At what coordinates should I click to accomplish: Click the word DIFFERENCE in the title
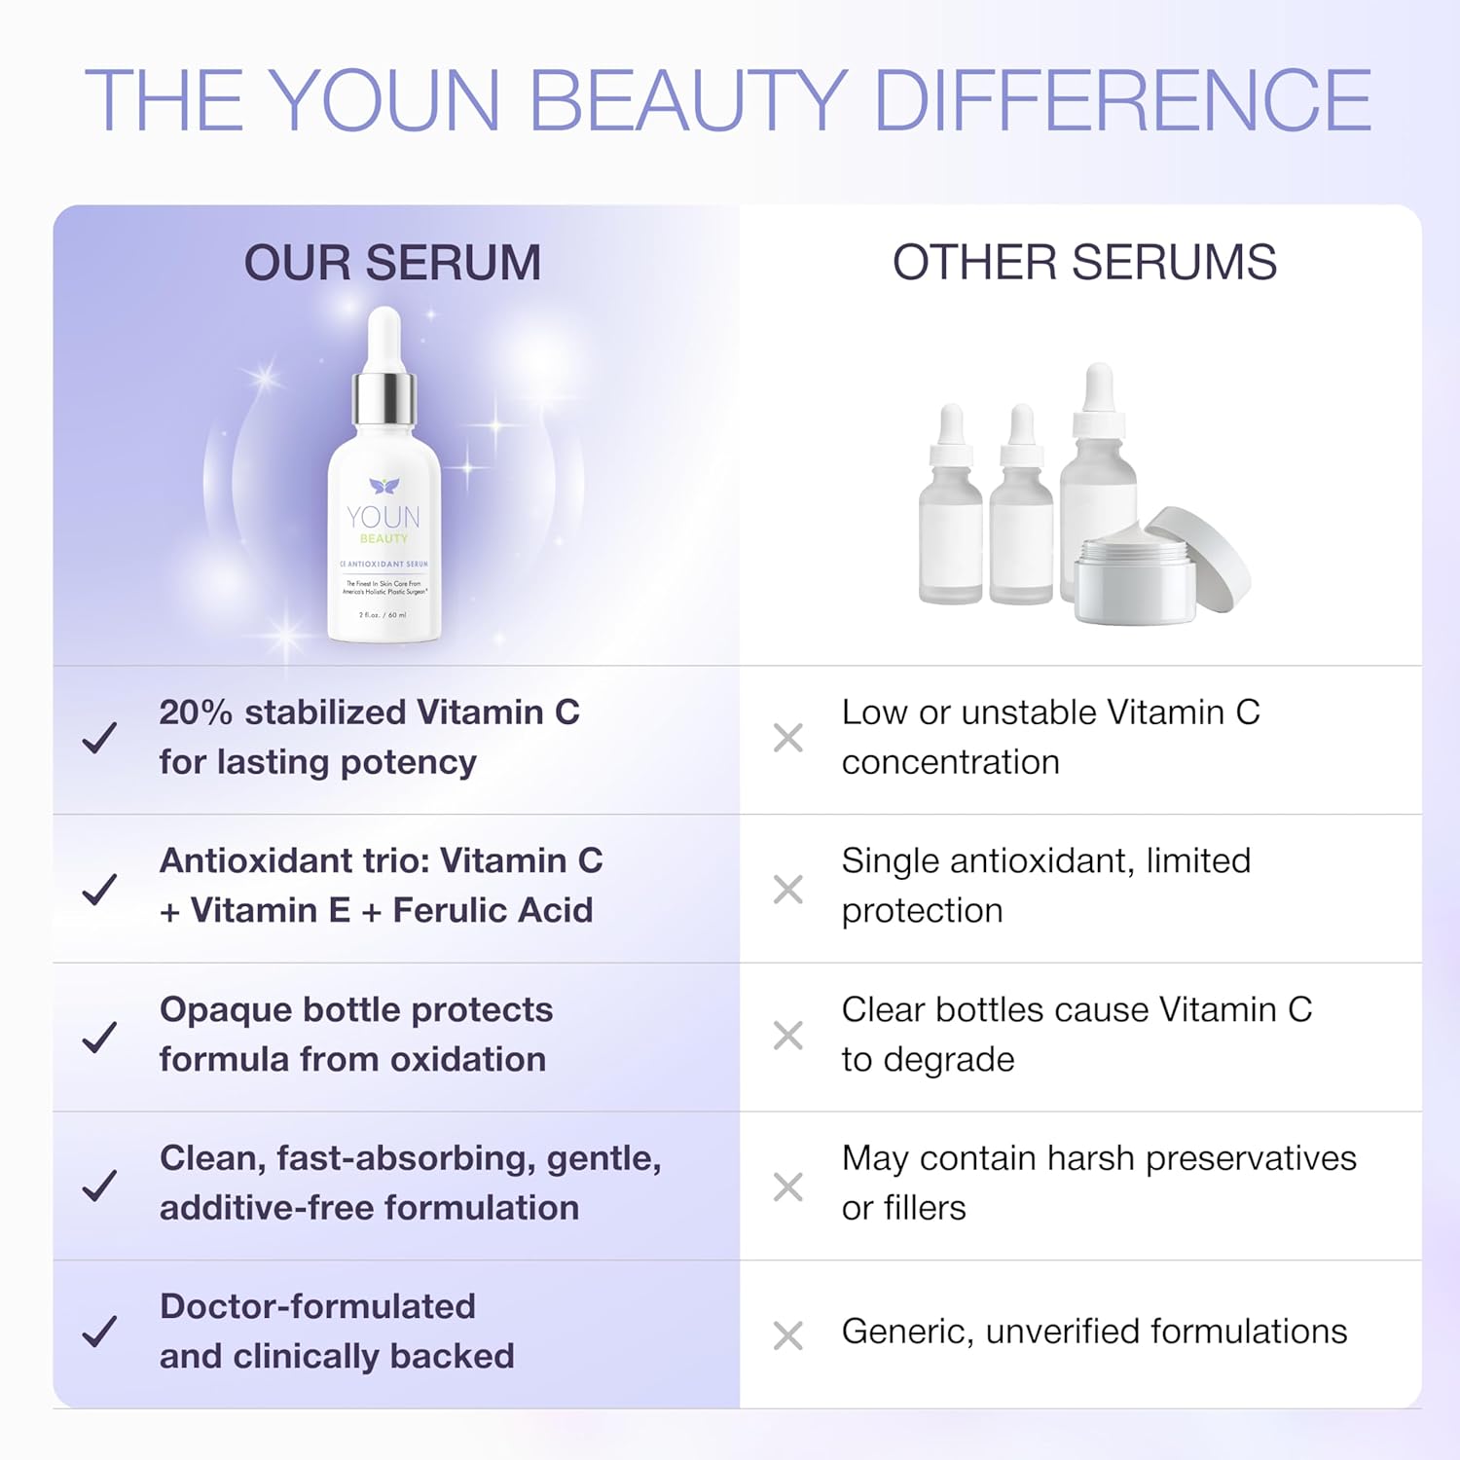(x=1122, y=100)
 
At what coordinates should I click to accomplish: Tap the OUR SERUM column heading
(x=392, y=263)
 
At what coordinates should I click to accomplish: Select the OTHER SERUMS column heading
(x=1084, y=263)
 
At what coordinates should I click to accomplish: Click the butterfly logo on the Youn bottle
(x=384, y=486)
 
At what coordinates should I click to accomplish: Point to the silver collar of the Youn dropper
(x=384, y=398)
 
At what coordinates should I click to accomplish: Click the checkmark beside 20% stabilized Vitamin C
(x=99, y=738)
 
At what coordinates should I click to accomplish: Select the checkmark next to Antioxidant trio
(x=99, y=888)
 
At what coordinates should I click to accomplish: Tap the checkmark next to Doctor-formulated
(x=99, y=1332)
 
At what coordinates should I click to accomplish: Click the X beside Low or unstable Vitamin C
(x=787, y=738)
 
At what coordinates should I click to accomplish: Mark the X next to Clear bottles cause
(x=787, y=1036)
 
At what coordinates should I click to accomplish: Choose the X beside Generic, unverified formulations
(x=787, y=1335)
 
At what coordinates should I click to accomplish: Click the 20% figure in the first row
(x=196, y=712)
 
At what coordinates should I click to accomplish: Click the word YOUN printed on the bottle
(x=383, y=517)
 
